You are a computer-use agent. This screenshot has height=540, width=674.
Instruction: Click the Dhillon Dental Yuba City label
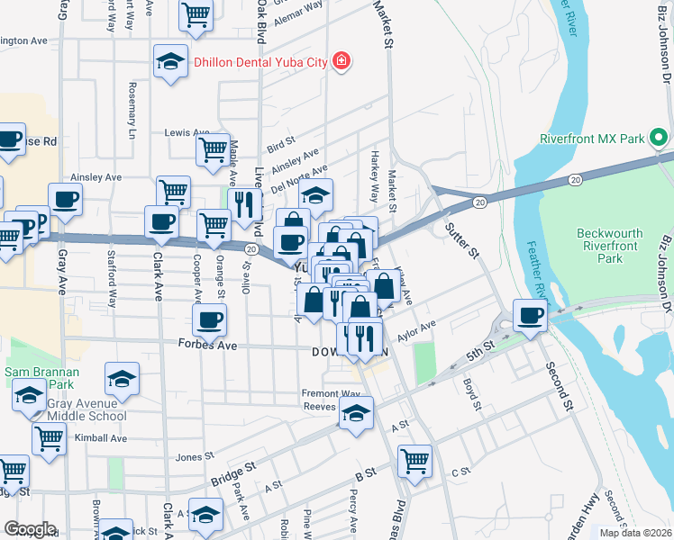[261, 61]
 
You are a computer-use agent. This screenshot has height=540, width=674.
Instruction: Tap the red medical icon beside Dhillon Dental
[342, 61]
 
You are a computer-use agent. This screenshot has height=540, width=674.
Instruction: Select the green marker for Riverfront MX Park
[660, 139]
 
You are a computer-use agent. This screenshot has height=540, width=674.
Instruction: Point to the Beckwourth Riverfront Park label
[610, 246]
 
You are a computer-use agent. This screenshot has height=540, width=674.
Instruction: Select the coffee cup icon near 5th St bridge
[531, 315]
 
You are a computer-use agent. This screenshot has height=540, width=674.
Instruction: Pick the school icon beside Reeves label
[356, 413]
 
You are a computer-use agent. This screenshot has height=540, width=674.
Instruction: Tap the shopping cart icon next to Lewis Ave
[213, 148]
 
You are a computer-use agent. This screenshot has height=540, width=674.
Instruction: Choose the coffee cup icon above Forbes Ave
[209, 319]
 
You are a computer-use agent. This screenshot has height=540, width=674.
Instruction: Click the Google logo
[30, 529]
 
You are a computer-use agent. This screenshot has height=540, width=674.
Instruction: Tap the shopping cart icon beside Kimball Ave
[49, 438]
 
